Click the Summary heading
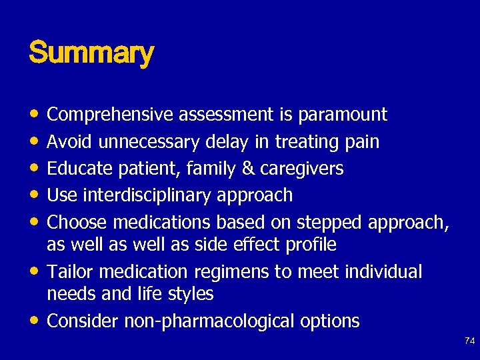91,53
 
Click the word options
329,321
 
